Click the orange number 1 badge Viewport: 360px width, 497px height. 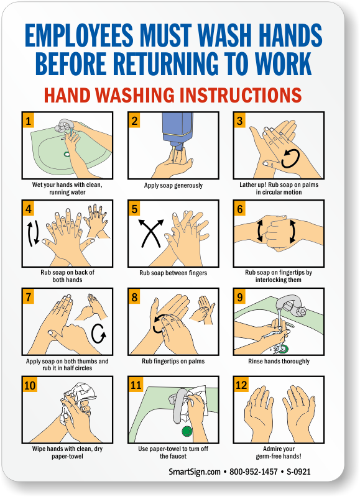click(x=28, y=121)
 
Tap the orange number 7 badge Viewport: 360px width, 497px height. click(x=28, y=297)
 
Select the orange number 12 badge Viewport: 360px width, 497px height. click(x=241, y=385)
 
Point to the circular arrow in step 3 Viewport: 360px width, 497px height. click(x=290, y=158)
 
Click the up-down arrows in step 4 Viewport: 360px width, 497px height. click(x=33, y=234)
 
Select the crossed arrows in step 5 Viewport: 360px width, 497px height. click(x=151, y=233)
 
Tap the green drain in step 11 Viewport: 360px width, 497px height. click(x=187, y=431)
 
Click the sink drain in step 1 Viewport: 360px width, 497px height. click(x=67, y=154)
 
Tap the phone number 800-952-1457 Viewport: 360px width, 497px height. click(x=254, y=472)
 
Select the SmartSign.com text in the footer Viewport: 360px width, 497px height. click(x=195, y=472)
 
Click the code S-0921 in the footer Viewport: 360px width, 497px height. click(x=298, y=472)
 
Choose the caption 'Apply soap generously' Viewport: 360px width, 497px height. click(x=173, y=185)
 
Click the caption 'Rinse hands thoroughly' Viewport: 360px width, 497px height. click(x=279, y=362)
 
